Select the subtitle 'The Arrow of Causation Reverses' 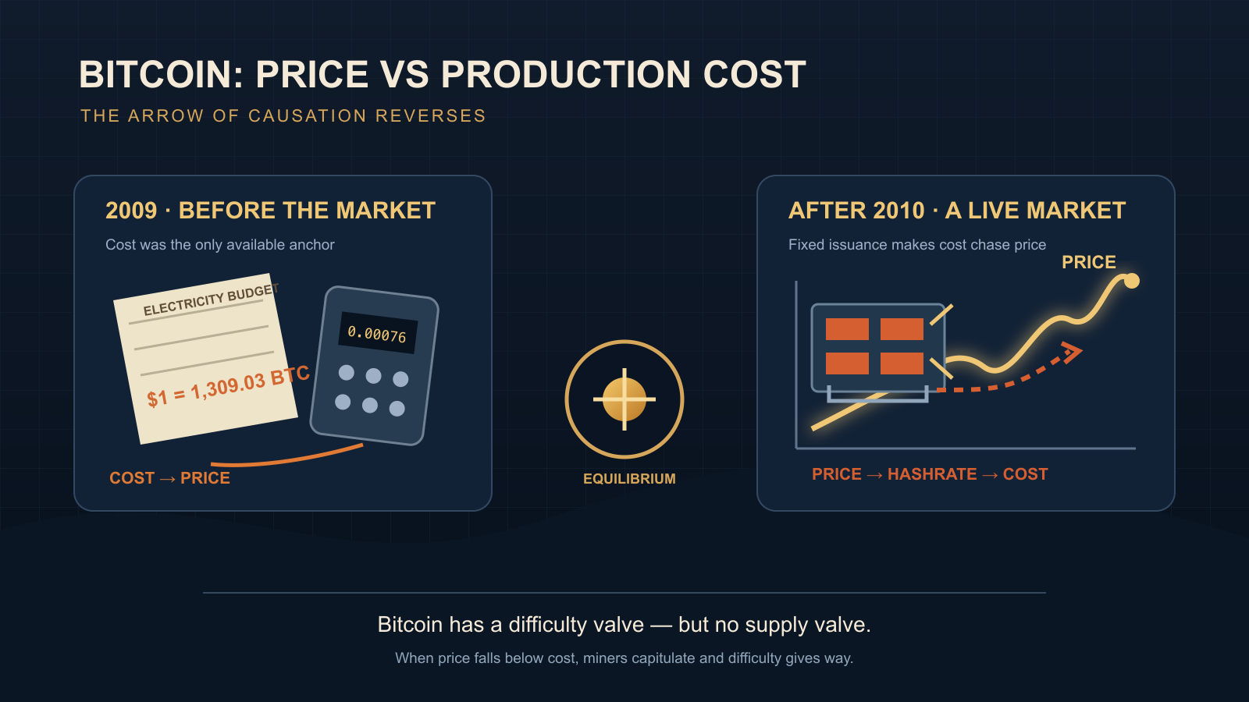point(283,116)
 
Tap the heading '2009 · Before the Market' point(270,211)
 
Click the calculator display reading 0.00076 point(378,333)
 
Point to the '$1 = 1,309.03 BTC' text point(228,387)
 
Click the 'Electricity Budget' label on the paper point(211,300)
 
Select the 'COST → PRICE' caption point(169,478)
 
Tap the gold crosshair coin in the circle point(624,399)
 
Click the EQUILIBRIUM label point(629,479)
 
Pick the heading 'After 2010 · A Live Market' point(957,211)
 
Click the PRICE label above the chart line point(1088,262)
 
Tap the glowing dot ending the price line point(1131,280)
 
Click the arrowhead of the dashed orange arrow point(1072,352)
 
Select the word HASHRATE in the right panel point(932,474)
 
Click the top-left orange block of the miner point(847,328)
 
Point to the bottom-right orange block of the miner point(902,363)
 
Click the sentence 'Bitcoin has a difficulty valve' point(511,625)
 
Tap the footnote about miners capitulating point(624,658)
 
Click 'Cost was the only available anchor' point(219,245)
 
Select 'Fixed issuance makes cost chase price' point(917,245)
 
